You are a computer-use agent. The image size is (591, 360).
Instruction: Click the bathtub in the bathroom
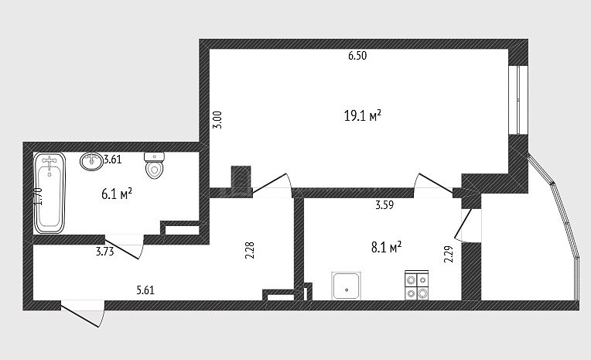50,193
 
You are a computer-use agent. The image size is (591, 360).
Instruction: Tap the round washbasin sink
91,161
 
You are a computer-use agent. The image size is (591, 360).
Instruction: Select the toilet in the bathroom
155,165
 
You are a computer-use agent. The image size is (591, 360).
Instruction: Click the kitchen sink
346,286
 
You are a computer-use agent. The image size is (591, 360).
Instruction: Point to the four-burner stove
416,285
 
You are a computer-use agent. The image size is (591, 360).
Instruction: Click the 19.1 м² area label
363,116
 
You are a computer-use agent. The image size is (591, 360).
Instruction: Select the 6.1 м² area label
117,194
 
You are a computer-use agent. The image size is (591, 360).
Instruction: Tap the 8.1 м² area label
386,248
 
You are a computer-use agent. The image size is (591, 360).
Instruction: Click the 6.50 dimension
357,56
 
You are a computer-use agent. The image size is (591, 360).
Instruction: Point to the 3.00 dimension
218,120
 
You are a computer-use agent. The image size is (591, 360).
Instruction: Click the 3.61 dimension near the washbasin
113,159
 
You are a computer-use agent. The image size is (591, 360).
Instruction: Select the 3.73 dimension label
104,252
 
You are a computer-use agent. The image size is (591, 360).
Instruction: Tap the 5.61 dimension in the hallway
145,290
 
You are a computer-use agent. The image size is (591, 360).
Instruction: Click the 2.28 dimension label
250,250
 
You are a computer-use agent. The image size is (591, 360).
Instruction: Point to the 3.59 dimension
384,205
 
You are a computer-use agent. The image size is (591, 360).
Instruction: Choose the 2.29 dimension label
449,255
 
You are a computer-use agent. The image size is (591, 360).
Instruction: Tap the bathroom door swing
125,247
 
